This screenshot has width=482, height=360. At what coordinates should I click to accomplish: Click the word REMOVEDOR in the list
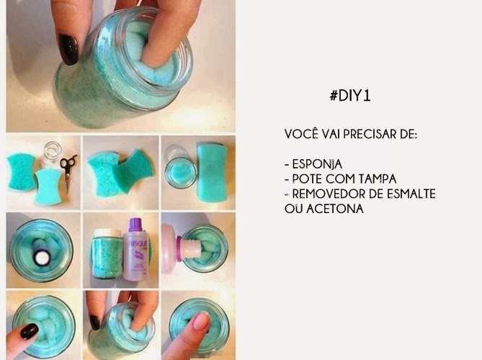tap(323, 194)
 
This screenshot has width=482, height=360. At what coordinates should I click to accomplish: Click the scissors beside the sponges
tap(68, 169)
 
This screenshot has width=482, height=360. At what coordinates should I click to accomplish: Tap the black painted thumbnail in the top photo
tap(69, 49)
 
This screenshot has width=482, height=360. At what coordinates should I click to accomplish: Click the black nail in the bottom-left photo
tap(30, 331)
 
